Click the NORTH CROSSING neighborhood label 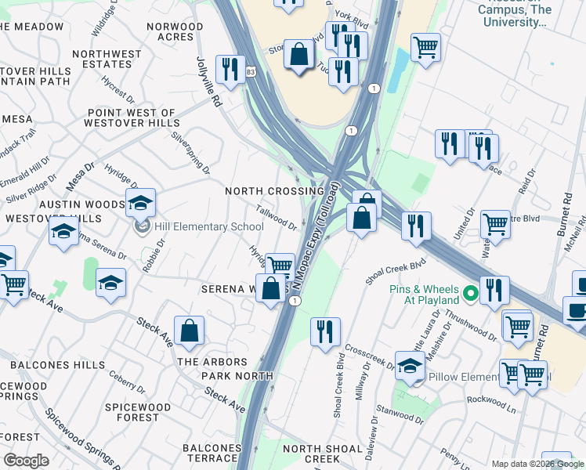pos(274,191)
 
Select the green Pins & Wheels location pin pos(470,294)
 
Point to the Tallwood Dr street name pos(276,217)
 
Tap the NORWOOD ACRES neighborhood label pos(175,31)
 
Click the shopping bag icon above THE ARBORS pos(190,331)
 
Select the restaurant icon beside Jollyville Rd pos(230,69)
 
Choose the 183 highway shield pos(250,71)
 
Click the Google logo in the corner pos(26,461)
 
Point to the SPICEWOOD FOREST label pos(138,413)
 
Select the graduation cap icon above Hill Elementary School pos(140,203)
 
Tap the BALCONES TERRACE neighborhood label pos(210,453)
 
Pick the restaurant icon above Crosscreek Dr pos(324,331)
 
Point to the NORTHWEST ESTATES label pos(107,60)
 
